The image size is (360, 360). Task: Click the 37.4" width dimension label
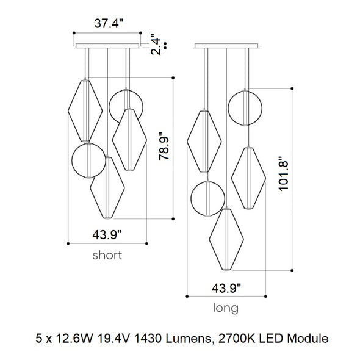(x=109, y=23)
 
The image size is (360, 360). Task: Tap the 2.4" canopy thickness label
(x=156, y=44)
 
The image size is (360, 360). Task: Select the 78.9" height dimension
(x=164, y=146)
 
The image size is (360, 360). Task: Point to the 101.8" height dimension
(x=283, y=173)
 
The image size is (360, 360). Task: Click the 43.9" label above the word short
(x=107, y=235)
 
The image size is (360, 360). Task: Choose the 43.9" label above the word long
(x=226, y=288)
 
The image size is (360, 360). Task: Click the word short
(x=107, y=255)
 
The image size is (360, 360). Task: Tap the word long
(x=226, y=308)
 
